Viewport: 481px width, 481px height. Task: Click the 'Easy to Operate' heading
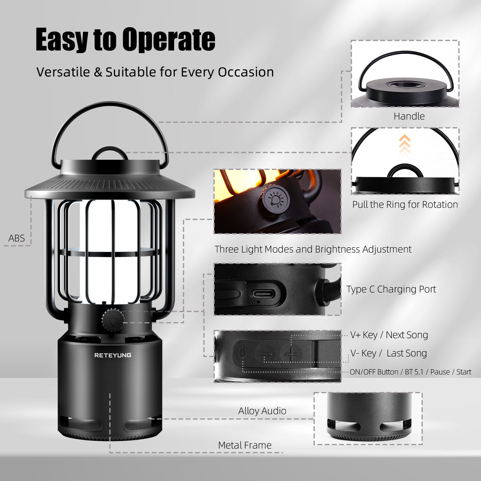point(125,40)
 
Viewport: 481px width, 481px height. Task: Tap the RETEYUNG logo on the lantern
point(113,355)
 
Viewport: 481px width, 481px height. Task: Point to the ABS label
point(16,238)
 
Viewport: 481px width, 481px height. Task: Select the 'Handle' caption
point(409,116)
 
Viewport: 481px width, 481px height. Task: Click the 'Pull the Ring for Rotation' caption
point(405,204)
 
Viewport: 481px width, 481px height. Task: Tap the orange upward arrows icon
point(404,144)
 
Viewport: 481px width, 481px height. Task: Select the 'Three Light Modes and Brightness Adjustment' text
point(313,249)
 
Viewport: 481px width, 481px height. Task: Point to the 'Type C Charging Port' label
point(391,289)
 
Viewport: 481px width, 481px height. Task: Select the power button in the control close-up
point(243,352)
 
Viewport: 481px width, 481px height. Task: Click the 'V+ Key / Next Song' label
point(389,335)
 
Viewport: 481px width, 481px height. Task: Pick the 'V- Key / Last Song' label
point(388,353)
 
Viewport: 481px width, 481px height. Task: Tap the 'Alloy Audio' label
point(262,411)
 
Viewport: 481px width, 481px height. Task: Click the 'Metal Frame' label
point(245,445)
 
